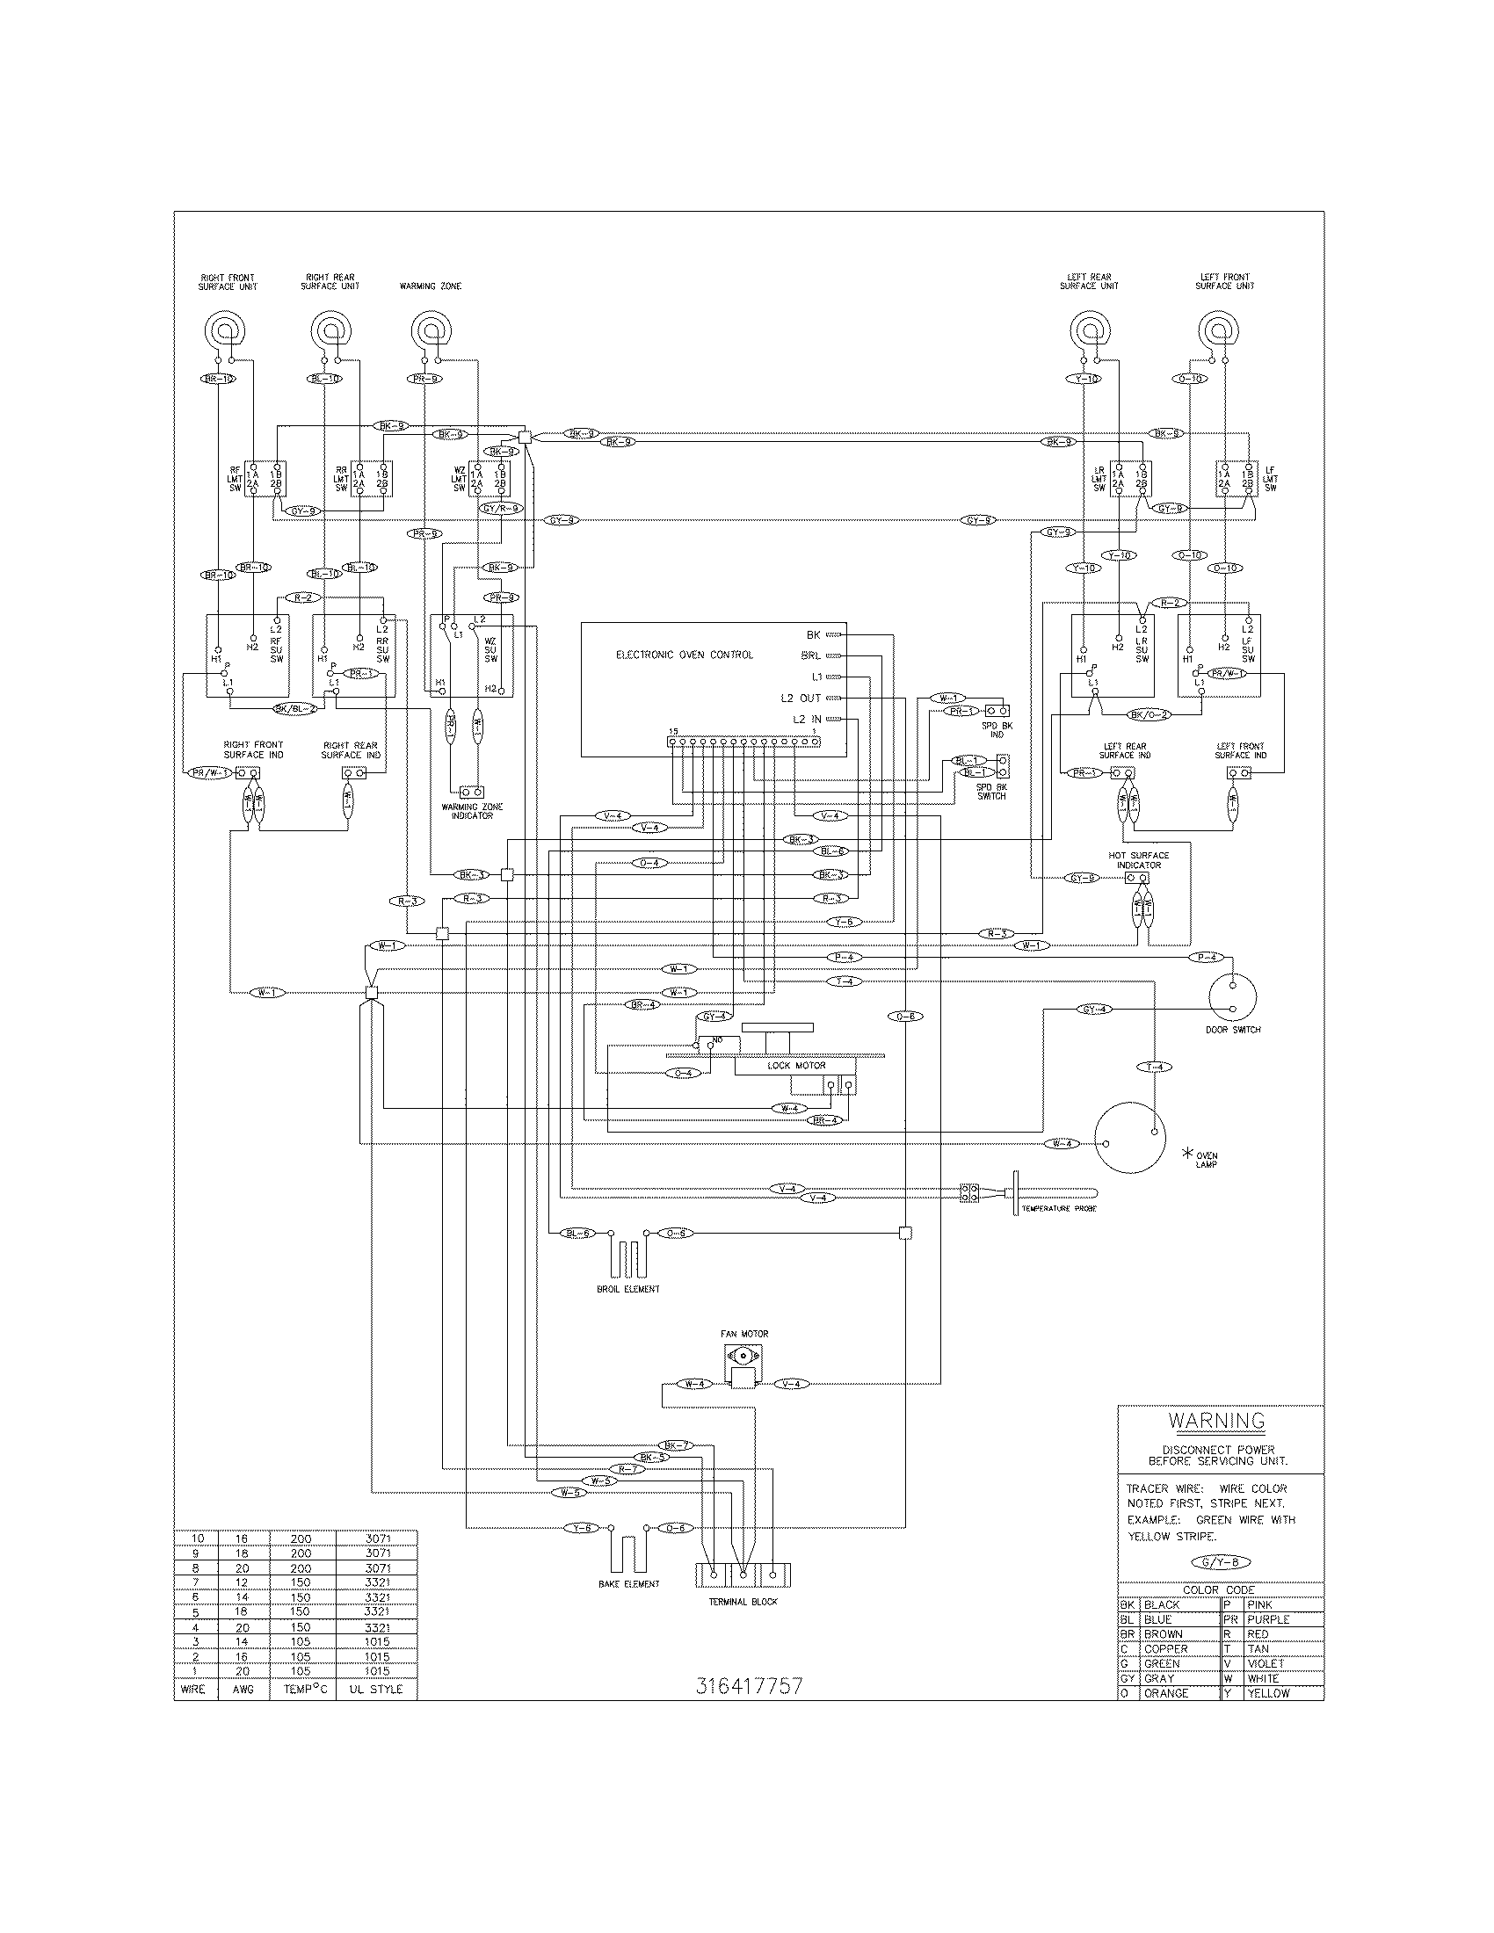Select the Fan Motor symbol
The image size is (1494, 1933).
742,1365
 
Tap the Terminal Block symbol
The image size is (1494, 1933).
743,1575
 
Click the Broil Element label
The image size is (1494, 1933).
627,1290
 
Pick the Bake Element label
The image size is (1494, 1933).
628,1583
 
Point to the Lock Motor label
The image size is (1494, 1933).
795,1066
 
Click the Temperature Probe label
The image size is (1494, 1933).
1059,1208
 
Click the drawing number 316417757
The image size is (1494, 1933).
749,1686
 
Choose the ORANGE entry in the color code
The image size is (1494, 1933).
1165,1693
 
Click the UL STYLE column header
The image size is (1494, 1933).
377,1689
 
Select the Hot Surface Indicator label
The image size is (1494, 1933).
1138,859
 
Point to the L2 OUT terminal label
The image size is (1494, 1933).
800,699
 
